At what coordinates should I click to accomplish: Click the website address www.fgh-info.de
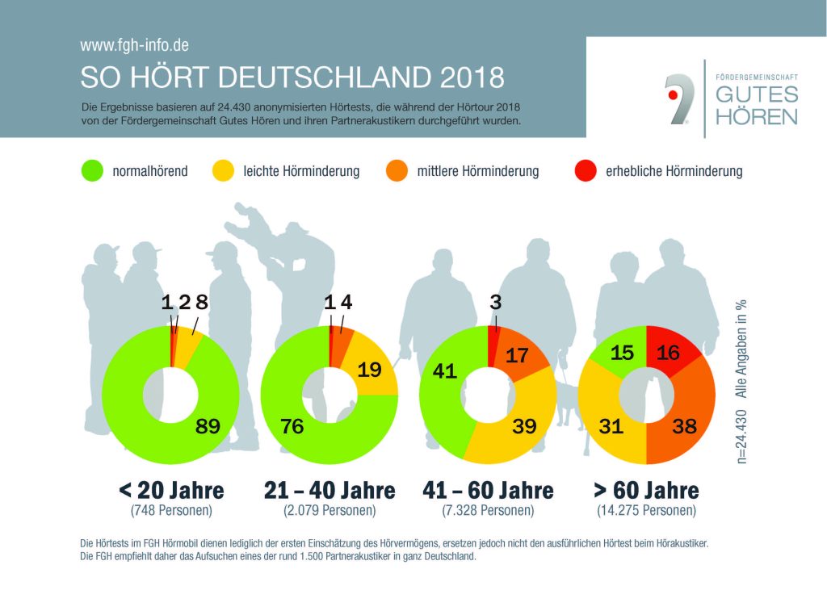pos(135,46)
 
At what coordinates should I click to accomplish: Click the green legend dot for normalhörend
pos(92,171)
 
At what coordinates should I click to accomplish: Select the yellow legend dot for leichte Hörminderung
pos(222,171)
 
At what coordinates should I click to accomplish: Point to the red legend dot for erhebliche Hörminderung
pos(584,171)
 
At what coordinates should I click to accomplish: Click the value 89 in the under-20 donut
pos(208,426)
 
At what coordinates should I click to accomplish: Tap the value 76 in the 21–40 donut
pos(292,426)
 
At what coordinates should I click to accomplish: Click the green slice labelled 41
pos(445,372)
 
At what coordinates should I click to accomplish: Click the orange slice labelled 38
pos(684,426)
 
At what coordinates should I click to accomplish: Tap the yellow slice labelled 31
pos(611,426)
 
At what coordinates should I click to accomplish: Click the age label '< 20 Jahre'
pos(170,490)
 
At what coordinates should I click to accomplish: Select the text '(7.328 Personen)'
pos(488,510)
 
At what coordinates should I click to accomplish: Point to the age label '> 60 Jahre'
pos(646,490)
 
